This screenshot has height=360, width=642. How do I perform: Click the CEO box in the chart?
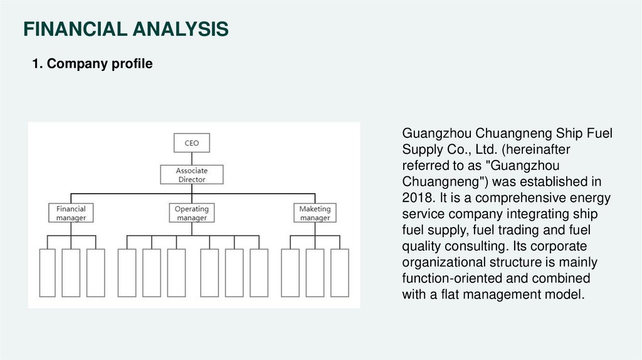(191, 143)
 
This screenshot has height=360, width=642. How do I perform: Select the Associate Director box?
(191, 175)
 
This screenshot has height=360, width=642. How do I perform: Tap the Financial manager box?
(71, 213)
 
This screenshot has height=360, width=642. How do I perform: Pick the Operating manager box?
(191, 213)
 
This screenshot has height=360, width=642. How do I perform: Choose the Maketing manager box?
(315, 213)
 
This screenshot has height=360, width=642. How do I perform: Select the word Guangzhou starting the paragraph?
(436, 133)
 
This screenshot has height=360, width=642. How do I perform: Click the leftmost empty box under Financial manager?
(47, 273)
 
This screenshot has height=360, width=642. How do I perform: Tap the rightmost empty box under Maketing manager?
(340, 273)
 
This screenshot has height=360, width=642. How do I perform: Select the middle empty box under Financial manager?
(71, 273)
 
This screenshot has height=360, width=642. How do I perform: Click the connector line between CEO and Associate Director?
(191, 159)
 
